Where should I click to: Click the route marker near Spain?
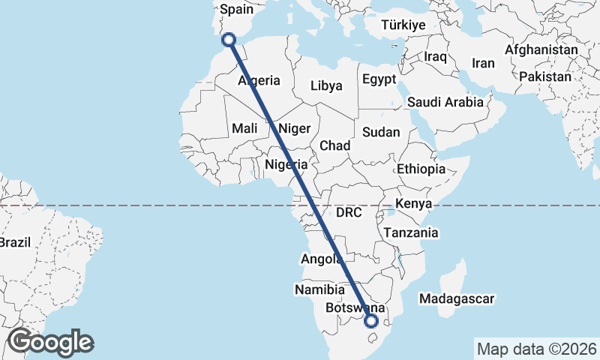pyautogui.click(x=229, y=40)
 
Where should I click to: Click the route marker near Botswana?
pyautogui.click(x=370, y=321)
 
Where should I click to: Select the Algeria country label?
pyautogui.click(x=259, y=80)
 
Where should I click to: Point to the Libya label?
pyautogui.click(x=326, y=85)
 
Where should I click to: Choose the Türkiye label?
pyautogui.click(x=403, y=25)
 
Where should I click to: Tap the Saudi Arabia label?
pyautogui.click(x=445, y=102)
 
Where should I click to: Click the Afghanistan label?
pyautogui.click(x=541, y=50)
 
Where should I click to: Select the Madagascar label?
pyautogui.click(x=457, y=299)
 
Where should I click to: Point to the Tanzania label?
pyautogui.click(x=410, y=233)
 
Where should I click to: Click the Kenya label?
pyautogui.click(x=413, y=204)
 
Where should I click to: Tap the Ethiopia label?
pyautogui.click(x=421, y=169)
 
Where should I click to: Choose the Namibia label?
pyautogui.click(x=319, y=289)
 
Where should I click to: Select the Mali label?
pyautogui.click(x=245, y=128)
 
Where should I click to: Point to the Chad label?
pyautogui.click(x=334, y=145)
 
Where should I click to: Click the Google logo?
pyautogui.click(x=50, y=342)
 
